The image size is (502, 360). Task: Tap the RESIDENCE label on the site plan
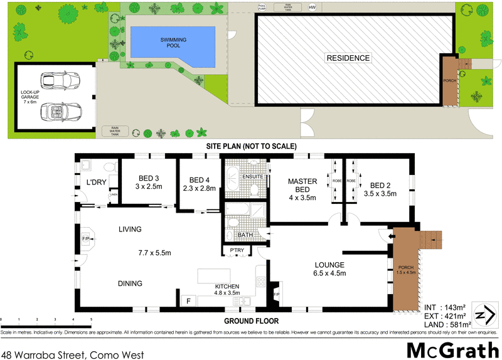click(x=348, y=58)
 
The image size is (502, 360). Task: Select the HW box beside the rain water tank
click(x=311, y=8)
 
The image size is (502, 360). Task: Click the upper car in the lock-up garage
click(x=59, y=82)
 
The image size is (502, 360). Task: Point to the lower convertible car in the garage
click(x=59, y=112)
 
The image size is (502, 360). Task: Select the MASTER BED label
click(x=302, y=185)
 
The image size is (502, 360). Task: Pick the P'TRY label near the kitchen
click(x=237, y=251)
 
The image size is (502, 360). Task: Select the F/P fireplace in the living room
click(x=85, y=239)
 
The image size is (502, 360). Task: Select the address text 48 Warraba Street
click(x=72, y=354)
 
